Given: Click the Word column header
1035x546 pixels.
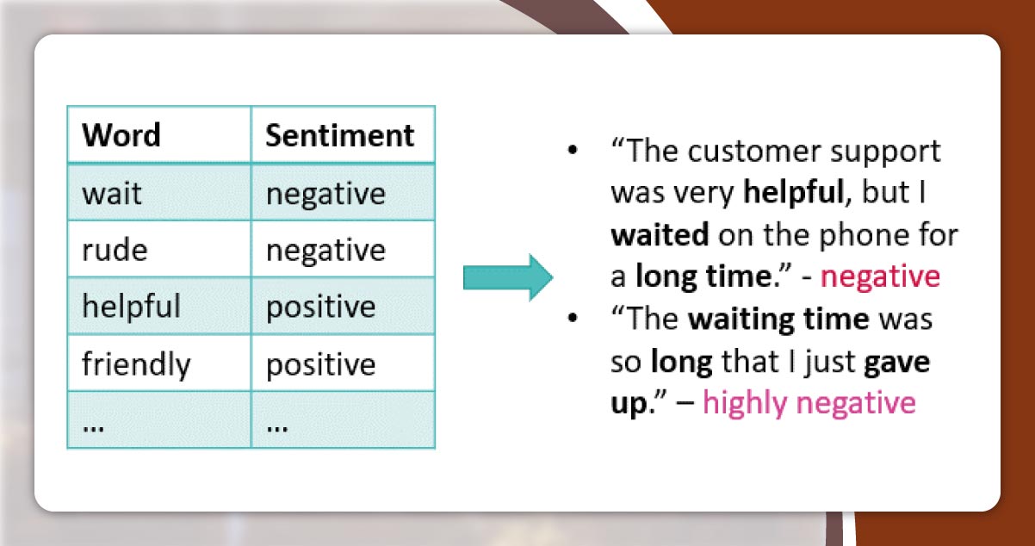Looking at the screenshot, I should point(121,135).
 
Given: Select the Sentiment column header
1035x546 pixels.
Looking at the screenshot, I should point(339,135).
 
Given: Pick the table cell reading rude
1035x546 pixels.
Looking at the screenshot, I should point(115,251).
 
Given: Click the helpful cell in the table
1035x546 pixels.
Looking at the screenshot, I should point(132,307).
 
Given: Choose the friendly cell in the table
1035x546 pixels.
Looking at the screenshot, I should point(136,364).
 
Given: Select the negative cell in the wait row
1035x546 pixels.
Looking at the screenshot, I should point(325,194).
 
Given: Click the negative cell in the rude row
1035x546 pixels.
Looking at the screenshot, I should point(325,251).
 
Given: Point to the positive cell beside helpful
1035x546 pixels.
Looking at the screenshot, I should point(320,307).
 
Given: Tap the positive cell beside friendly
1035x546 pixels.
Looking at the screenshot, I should point(320,364).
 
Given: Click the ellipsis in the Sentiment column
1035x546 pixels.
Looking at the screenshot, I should point(276,424).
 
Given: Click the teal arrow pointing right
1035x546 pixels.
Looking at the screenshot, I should point(508,277).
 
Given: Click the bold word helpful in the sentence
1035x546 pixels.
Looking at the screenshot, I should point(791,193).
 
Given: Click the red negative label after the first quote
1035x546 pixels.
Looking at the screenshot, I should point(879,276).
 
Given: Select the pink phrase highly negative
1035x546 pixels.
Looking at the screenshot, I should point(809,403).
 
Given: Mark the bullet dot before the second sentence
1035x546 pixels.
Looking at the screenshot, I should point(573,319).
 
